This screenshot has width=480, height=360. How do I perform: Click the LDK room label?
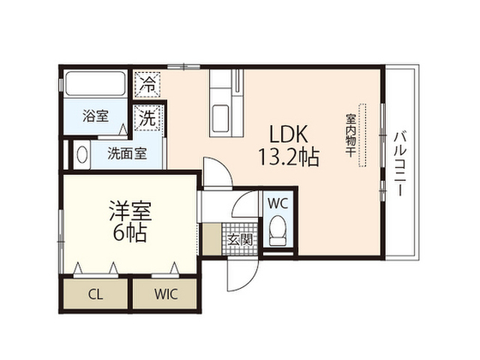click(288, 134)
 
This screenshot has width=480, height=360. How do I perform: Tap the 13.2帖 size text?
click(289, 157)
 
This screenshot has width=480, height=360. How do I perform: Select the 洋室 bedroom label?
click(130, 211)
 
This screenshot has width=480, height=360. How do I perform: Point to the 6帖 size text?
click(130, 233)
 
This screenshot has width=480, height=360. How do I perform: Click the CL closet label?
click(95, 295)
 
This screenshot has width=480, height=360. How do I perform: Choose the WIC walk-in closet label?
click(166, 294)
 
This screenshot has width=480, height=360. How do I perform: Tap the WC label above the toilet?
click(278, 203)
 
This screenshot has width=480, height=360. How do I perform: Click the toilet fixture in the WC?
click(278, 230)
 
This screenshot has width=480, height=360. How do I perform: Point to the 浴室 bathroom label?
click(95, 116)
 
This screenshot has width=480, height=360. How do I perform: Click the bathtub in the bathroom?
click(95, 83)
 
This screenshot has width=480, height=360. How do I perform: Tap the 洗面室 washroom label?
click(127, 154)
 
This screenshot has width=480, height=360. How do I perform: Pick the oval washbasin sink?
click(82, 154)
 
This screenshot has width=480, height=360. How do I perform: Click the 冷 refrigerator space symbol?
click(148, 84)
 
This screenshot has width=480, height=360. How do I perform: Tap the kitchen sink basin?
click(220, 118)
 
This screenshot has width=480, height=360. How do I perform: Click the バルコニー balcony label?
click(400, 163)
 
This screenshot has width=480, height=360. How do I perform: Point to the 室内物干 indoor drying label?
click(350, 135)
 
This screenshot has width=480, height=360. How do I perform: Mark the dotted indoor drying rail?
click(363, 135)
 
